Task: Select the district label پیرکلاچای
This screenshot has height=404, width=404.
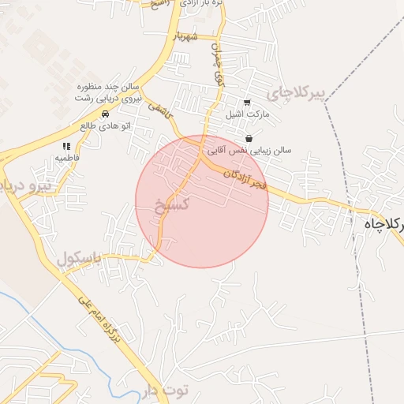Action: click(x=295, y=93)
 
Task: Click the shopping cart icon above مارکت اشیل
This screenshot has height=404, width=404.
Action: click(x=247, y=103)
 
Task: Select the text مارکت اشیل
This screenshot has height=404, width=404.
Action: click(x=247, y=115)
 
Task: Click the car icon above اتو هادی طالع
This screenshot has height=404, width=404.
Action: click(x=106, y=114)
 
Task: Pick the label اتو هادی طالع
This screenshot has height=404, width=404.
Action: click(x=105, y=125)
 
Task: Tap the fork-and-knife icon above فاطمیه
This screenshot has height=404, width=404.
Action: click(x=66, y=146)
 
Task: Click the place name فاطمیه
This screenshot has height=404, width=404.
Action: click(x=66, y=158)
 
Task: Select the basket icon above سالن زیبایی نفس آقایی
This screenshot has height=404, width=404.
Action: click(x=249, y=138)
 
